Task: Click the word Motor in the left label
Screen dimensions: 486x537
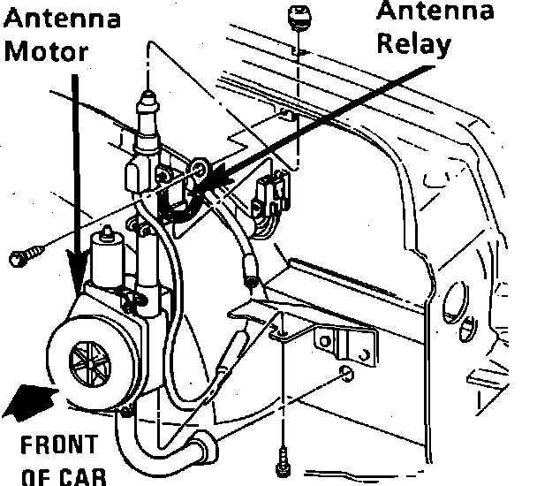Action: (47, 50)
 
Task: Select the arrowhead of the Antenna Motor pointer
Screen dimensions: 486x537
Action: (76, 269)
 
